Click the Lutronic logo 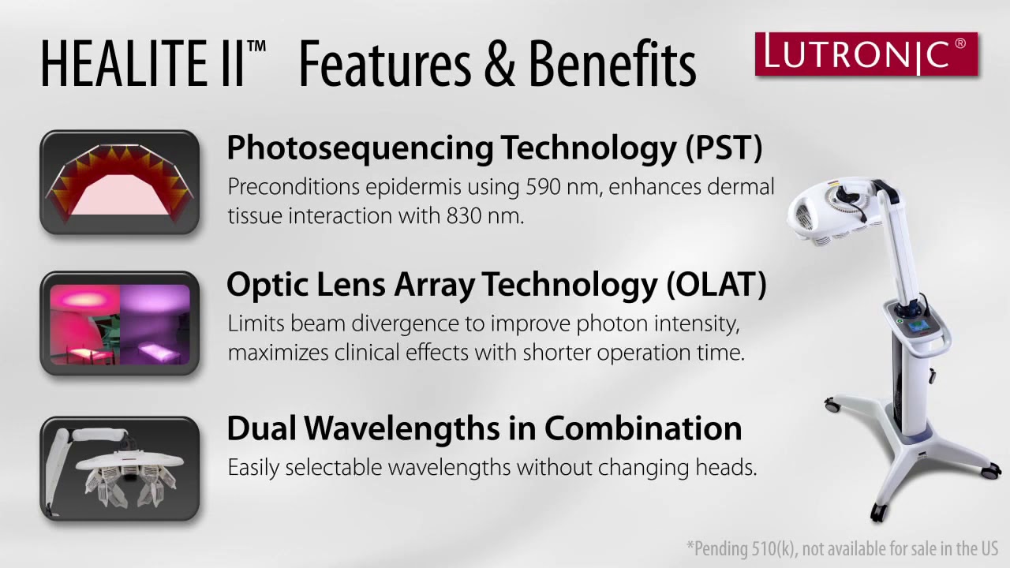pyautogui.click(x=866, y=54)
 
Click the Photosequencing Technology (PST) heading pyautogui.click(x=494, y=148)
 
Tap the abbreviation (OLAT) pyautogui.click(x=716, y=285)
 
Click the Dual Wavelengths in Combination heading pyautogui.click(x=484, y=428)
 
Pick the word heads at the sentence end pyautogui.click(x=724, y=467)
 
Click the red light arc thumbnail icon pyautogui.click(x=119, y=182)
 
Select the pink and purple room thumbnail pyautogui.click(x=119, y=323)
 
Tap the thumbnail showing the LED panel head pyautogui.click(x=119, y=469)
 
